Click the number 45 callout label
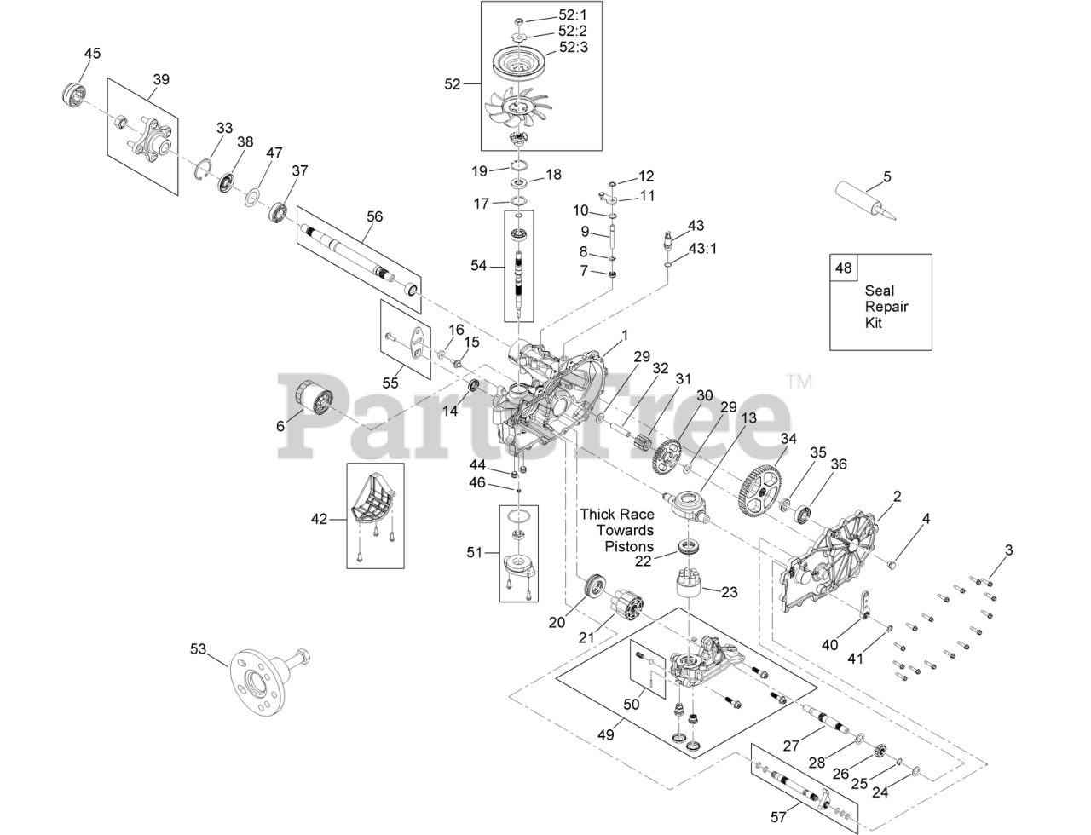(x=92, y=53)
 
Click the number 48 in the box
(x=843, y=268)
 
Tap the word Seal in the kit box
(x=879, y=291)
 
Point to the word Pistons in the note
(x=629, y=546)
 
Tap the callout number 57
(x=778, y=817)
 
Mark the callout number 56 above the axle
(x=375, y=216)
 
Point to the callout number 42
(x=319, y=518)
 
